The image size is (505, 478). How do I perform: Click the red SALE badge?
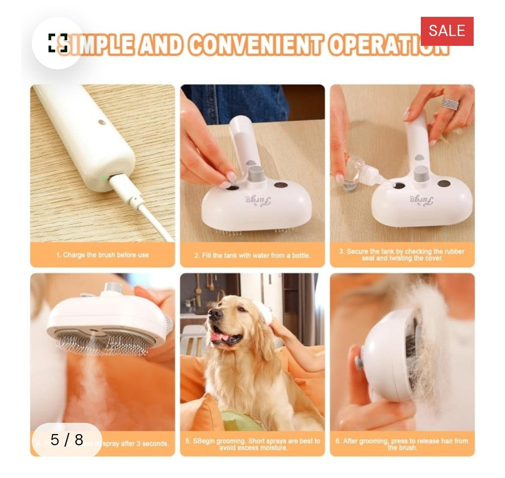[447, 31]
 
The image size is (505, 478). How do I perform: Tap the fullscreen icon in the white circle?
[58, 43]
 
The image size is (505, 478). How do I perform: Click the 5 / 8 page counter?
[66, 440]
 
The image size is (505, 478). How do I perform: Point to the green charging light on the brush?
[104, 178]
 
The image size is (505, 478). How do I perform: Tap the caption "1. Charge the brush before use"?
[102, 255]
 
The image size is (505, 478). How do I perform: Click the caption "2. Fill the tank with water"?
[252, 255]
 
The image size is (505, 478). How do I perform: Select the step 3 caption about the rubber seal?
[402, 254]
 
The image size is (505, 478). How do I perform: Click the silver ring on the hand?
[450, 104]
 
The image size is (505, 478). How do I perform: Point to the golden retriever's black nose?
[216, 314]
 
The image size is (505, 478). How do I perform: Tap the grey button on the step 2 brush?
[256, 174]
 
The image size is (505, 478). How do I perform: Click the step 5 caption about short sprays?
[252, 444]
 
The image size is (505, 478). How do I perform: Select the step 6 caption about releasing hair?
[402, 444]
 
